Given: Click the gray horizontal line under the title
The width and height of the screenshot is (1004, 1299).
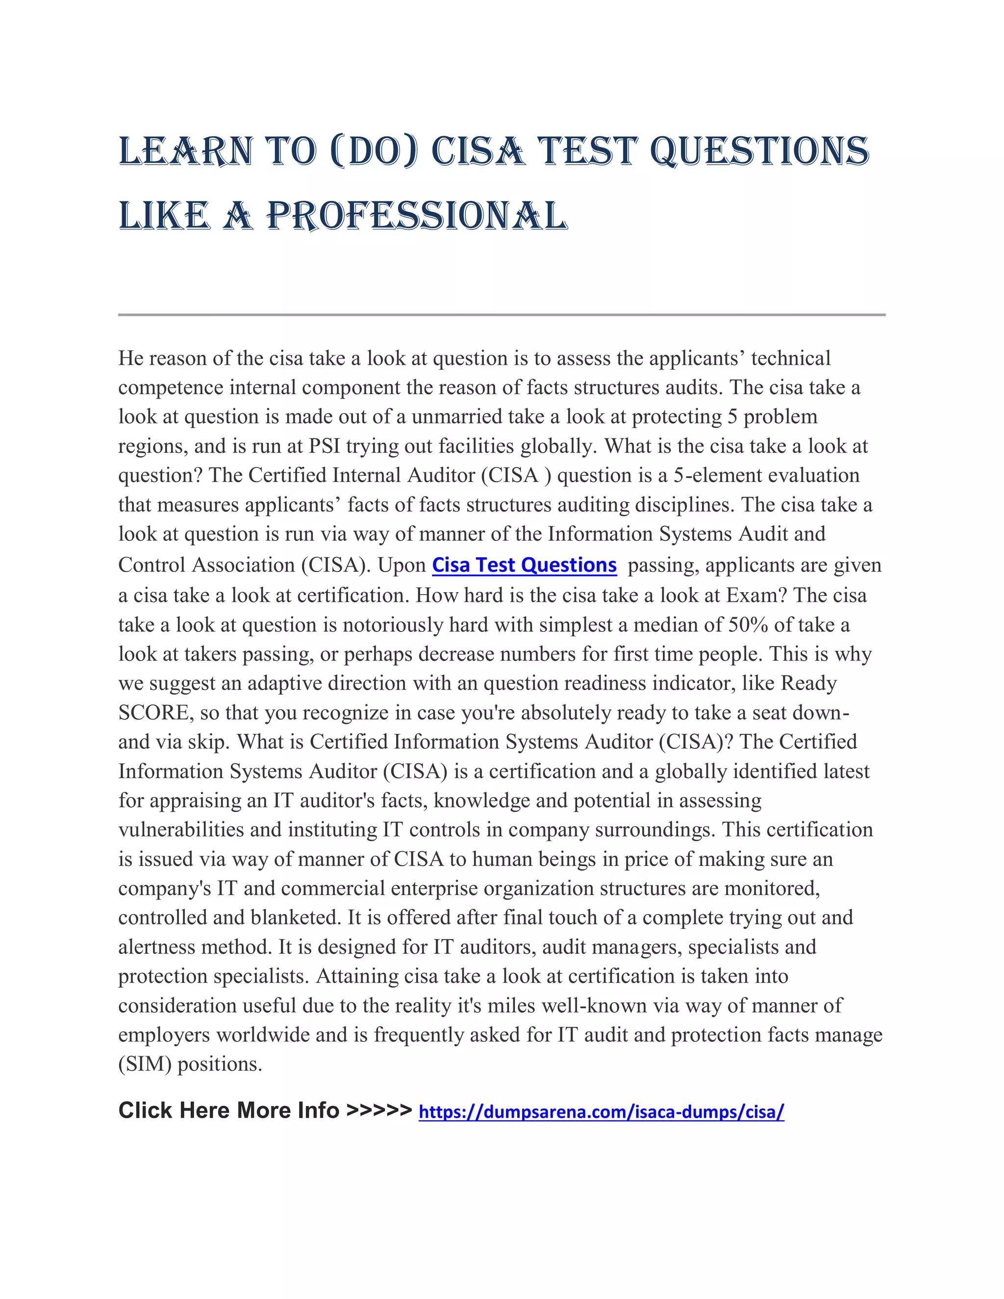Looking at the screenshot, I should click(502, 314).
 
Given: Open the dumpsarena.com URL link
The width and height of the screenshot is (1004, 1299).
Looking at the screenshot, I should click(602, 1112).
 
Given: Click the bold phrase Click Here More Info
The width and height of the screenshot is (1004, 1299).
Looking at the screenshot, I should click(229, 1110).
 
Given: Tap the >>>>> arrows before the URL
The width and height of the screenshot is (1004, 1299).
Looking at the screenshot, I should click(379, 1110).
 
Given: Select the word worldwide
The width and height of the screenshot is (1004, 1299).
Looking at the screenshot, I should click(263, 1034).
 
